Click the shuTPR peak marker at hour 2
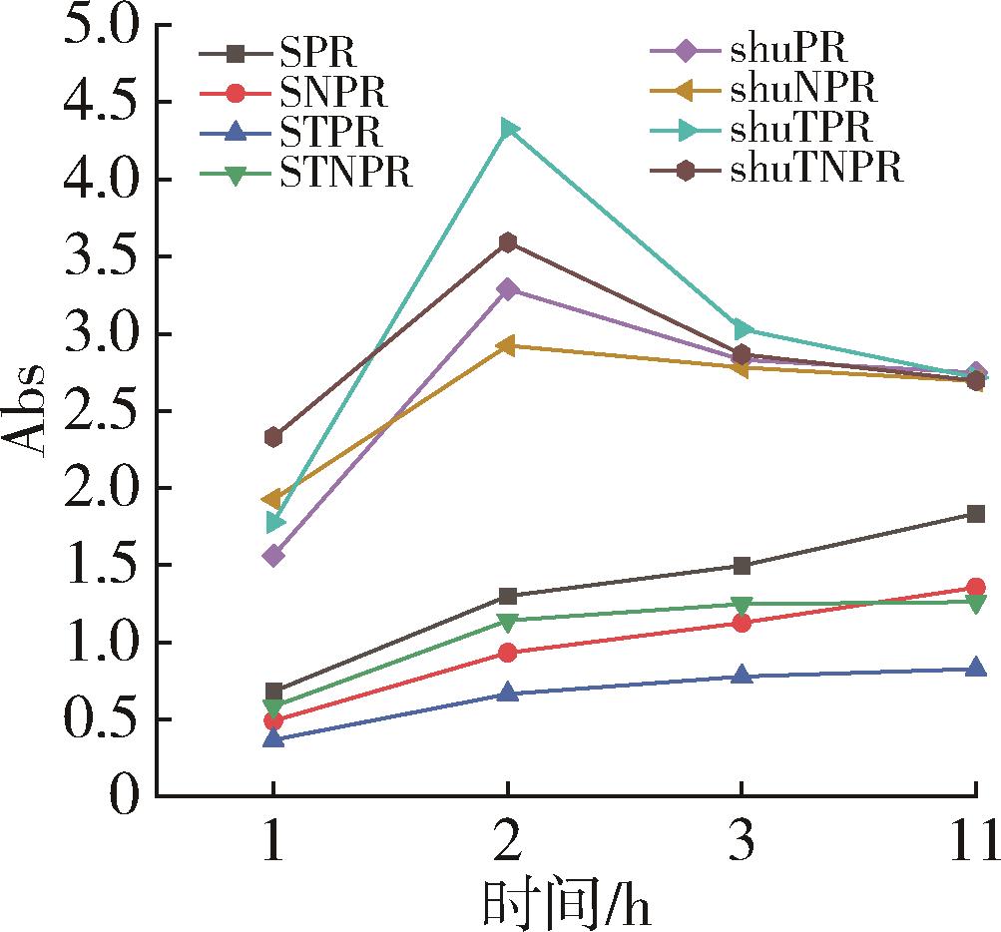(x=509, y=128)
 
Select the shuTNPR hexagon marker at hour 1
(x=273, y=436)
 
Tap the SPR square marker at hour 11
(x=975, y=514)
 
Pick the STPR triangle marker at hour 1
(x=273, y=739)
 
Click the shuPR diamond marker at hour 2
(x=508, y=289)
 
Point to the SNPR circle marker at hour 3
(x=742, y=623)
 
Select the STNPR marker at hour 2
(x=508, y=622)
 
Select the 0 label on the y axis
(x=122, y=796)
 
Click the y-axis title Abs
(x=30, y=410)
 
